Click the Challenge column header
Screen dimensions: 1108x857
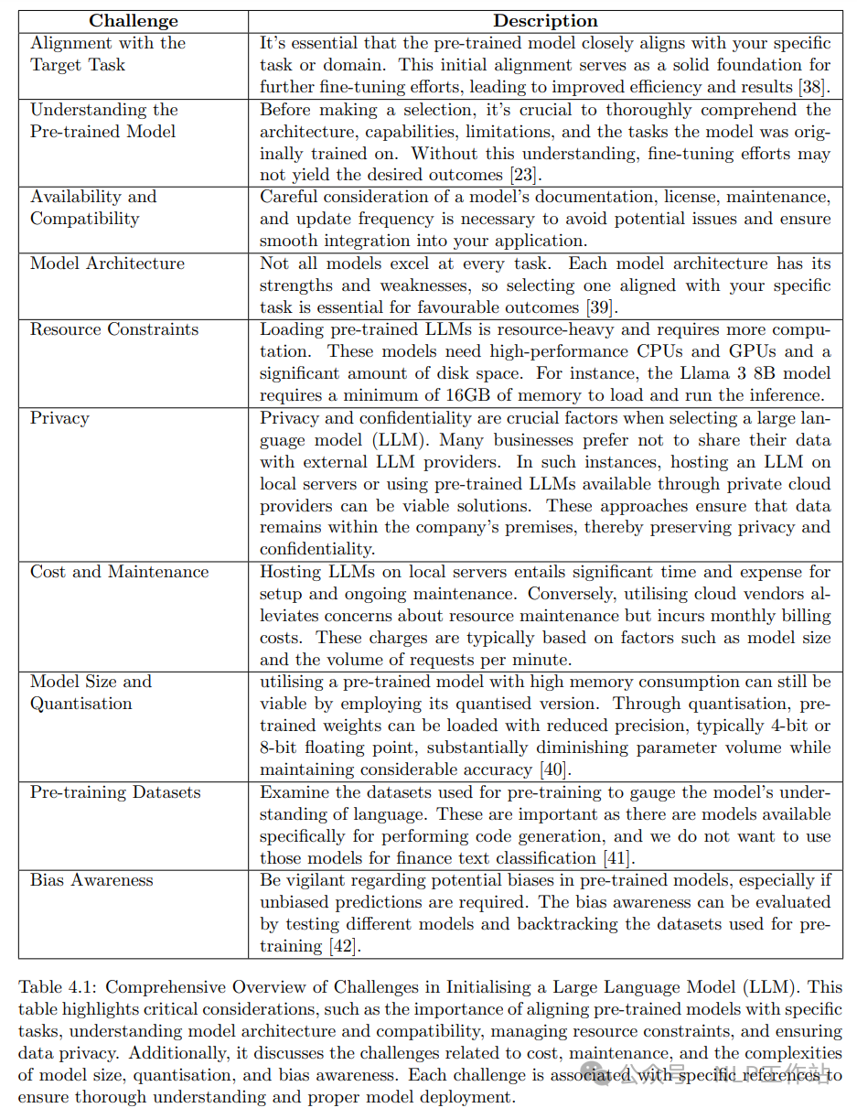click(x=133, y=21)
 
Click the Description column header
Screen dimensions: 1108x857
click(x=545, y=21)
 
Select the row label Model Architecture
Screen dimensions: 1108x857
click(x=107, y=264)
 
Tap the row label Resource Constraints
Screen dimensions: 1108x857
click(x=114, y=329)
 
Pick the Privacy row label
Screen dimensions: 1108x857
click(x=59, y=418)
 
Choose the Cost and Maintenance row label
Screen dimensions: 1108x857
click(x=119, y=572)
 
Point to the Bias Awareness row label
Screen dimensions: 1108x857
click(x=91, y=880)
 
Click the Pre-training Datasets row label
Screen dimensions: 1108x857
click(x=115, y=792)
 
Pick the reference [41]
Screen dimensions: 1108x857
click(x=618, y=858)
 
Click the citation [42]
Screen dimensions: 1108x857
click(x=344, y=946)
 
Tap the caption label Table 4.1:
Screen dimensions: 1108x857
click(x=58, y=987)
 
